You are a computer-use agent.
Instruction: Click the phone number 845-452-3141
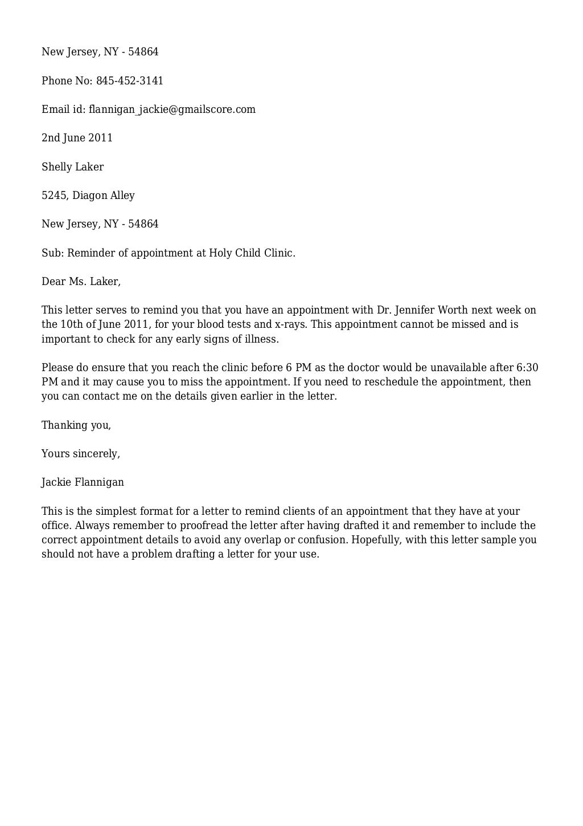click(130, 81)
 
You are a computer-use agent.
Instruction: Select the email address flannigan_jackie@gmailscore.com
click(172, 109)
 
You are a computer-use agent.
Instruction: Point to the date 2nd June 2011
click(77, 138)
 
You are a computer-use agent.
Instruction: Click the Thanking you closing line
click(76, 425)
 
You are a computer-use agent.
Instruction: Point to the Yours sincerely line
click(80, 454)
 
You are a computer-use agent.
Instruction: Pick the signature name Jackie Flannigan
click(83, 482)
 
